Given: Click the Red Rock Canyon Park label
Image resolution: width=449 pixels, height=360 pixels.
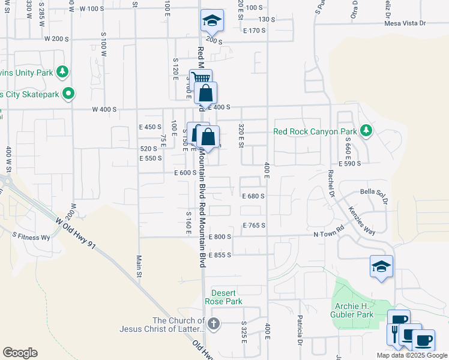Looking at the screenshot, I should pos(315,131).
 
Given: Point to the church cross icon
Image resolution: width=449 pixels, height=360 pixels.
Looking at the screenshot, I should pos(214,324).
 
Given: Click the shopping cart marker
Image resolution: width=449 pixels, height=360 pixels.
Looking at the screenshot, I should pos(200,79).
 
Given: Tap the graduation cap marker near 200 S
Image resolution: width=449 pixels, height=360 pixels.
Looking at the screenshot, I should pos(212,22).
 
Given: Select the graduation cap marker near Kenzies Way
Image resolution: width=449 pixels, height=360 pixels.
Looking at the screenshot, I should pos(381,266).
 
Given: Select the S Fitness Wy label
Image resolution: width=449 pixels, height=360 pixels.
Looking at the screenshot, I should pos(31,238).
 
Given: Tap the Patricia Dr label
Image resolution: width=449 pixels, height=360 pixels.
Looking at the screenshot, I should pos(298,331).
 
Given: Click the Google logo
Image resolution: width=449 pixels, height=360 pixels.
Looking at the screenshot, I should pos(20,353).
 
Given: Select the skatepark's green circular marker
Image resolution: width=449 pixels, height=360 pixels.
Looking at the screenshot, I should pos(69,94).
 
